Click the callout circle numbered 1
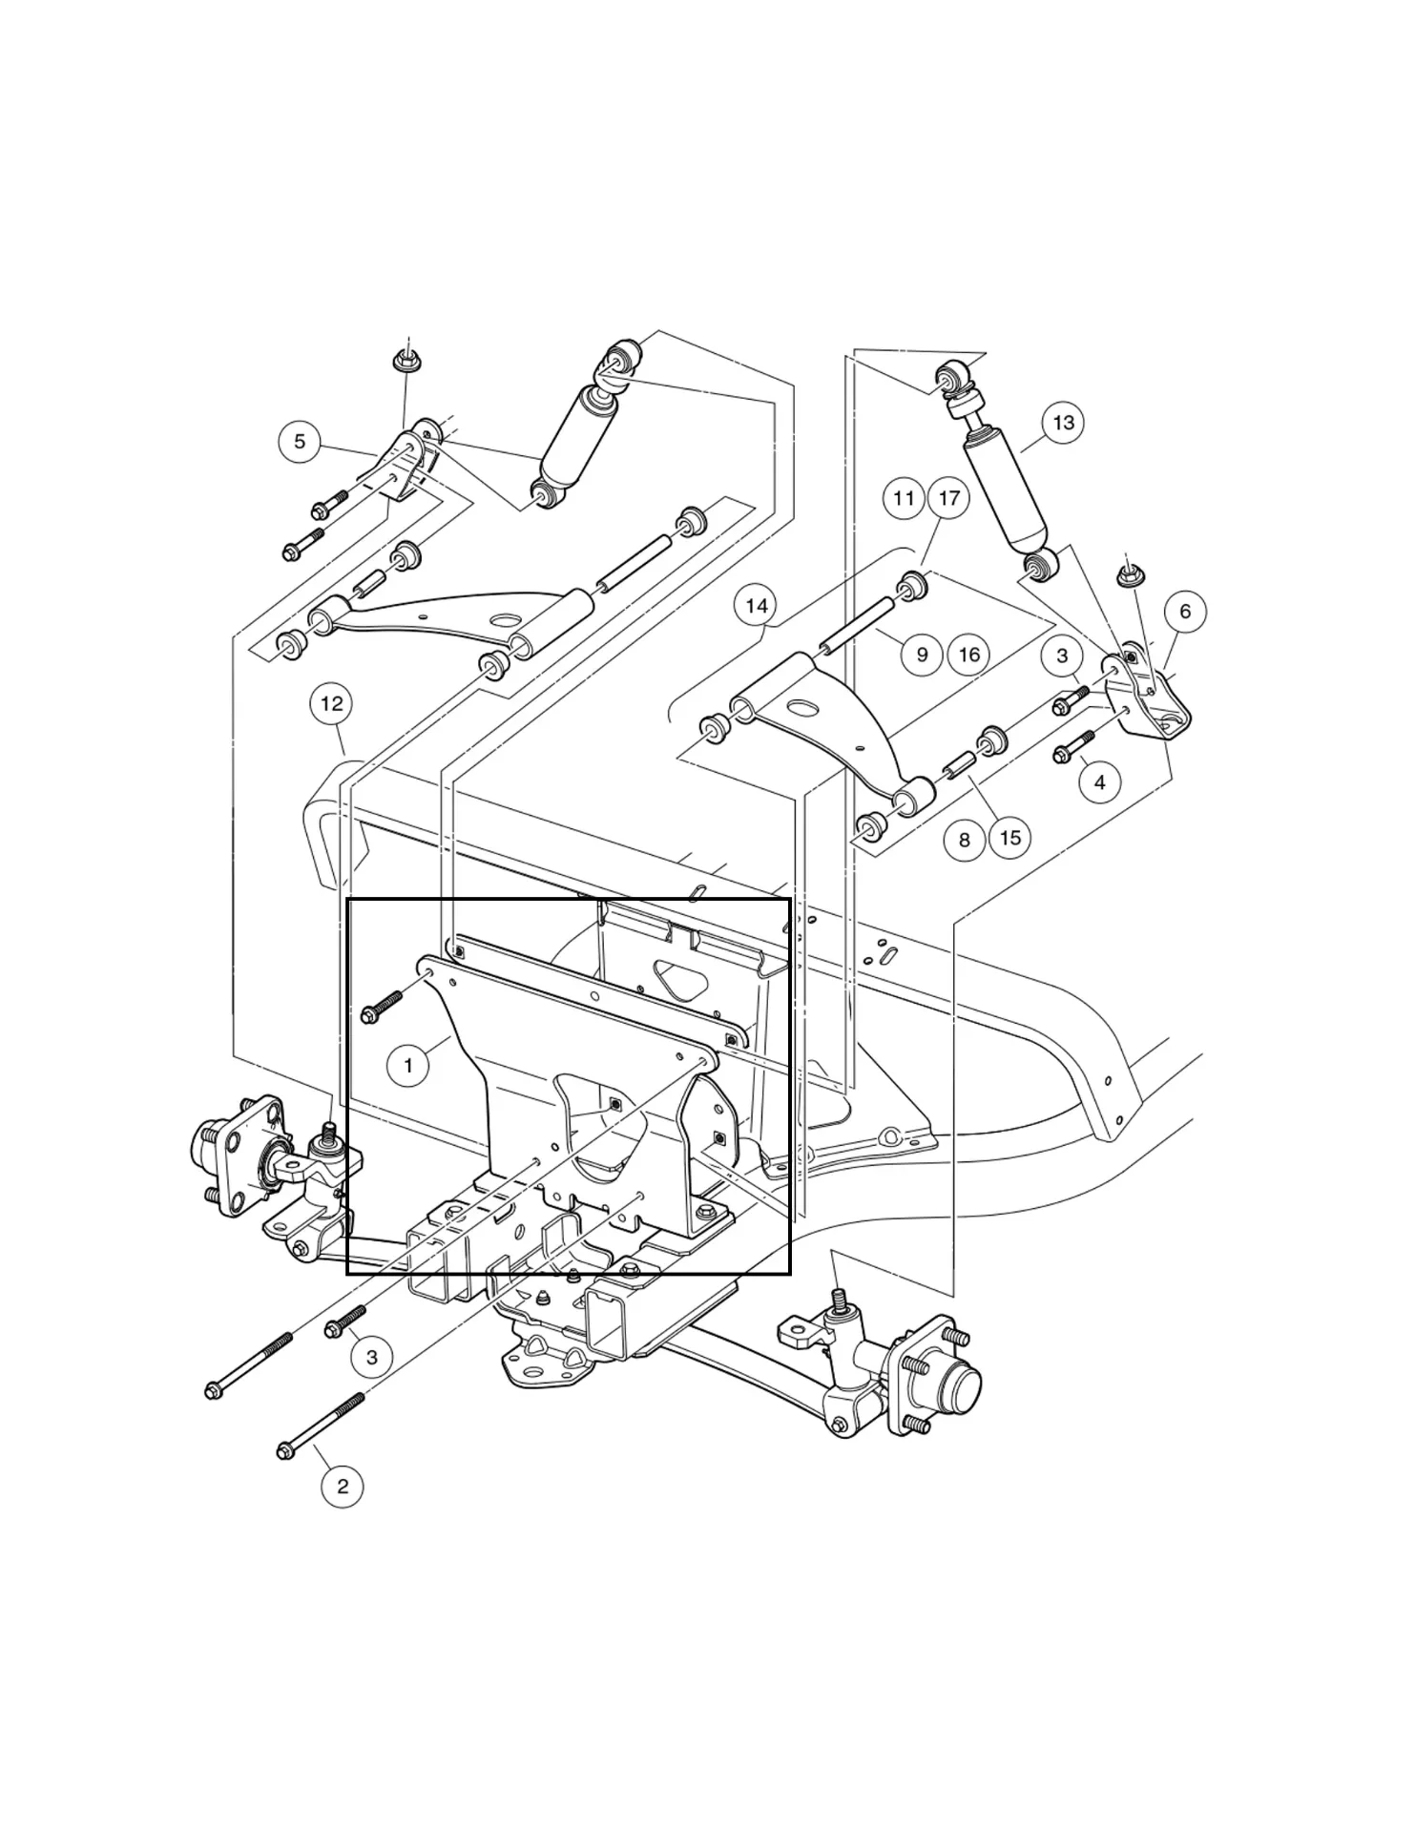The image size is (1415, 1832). pos(408,1065)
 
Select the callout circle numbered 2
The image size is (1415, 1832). pos(343,1486)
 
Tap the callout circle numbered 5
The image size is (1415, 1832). pos(300,442)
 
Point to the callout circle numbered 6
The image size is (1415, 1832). pos(1185,612)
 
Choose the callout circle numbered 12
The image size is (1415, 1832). pos(331,704)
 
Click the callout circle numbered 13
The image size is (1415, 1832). pos(1063,423)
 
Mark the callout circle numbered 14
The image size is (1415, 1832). pos(756,606)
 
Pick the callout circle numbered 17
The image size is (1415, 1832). pos(948,498)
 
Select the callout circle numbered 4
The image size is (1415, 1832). pos(1100,782)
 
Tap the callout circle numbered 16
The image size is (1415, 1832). pos(969,655)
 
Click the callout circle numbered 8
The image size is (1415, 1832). pos(964,840)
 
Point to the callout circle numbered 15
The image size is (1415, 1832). pos(1010,838)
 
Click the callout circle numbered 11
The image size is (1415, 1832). pos(904,498)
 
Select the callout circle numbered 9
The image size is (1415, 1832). pos(922,655)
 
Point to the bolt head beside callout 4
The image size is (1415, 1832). pos(1063,755)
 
